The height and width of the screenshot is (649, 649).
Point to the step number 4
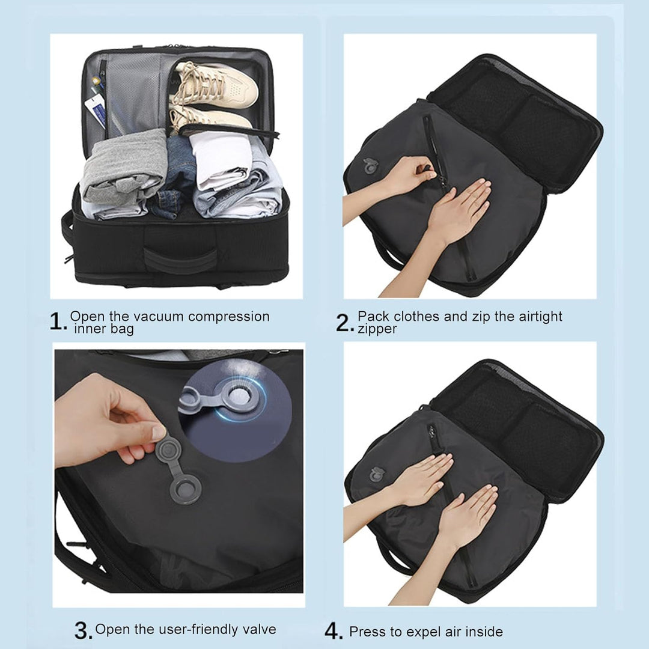(333, 631)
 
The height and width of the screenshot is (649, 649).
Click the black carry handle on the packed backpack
(180, 260)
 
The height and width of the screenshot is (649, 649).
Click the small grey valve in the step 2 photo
(370, 166)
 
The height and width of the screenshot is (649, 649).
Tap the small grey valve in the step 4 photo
(376, 475)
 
